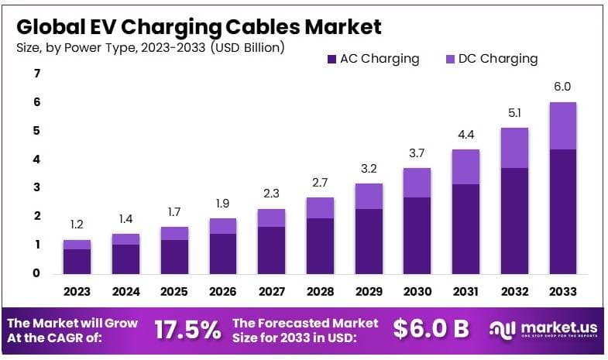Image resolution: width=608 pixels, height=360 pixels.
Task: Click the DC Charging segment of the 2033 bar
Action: point(562,125)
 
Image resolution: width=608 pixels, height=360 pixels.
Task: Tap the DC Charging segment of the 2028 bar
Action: point(320,207)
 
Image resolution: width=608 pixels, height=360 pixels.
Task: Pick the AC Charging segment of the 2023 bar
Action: point(77,260)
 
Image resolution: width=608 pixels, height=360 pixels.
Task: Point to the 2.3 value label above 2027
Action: point(271,193)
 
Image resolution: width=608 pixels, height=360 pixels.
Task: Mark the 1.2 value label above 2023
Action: point(77,224)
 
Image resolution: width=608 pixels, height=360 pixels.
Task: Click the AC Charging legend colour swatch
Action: point(331,59)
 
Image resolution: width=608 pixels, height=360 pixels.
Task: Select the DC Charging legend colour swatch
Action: point(450,59)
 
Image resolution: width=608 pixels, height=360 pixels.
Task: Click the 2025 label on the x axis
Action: point(174,292)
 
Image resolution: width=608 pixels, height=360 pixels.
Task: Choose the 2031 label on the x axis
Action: point(465,292)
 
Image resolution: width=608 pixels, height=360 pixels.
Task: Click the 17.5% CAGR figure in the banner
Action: point(187,329)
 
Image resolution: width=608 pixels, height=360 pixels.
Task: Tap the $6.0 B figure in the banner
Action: point(431,329)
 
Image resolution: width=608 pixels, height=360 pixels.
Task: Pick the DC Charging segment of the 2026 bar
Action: point(223,226)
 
